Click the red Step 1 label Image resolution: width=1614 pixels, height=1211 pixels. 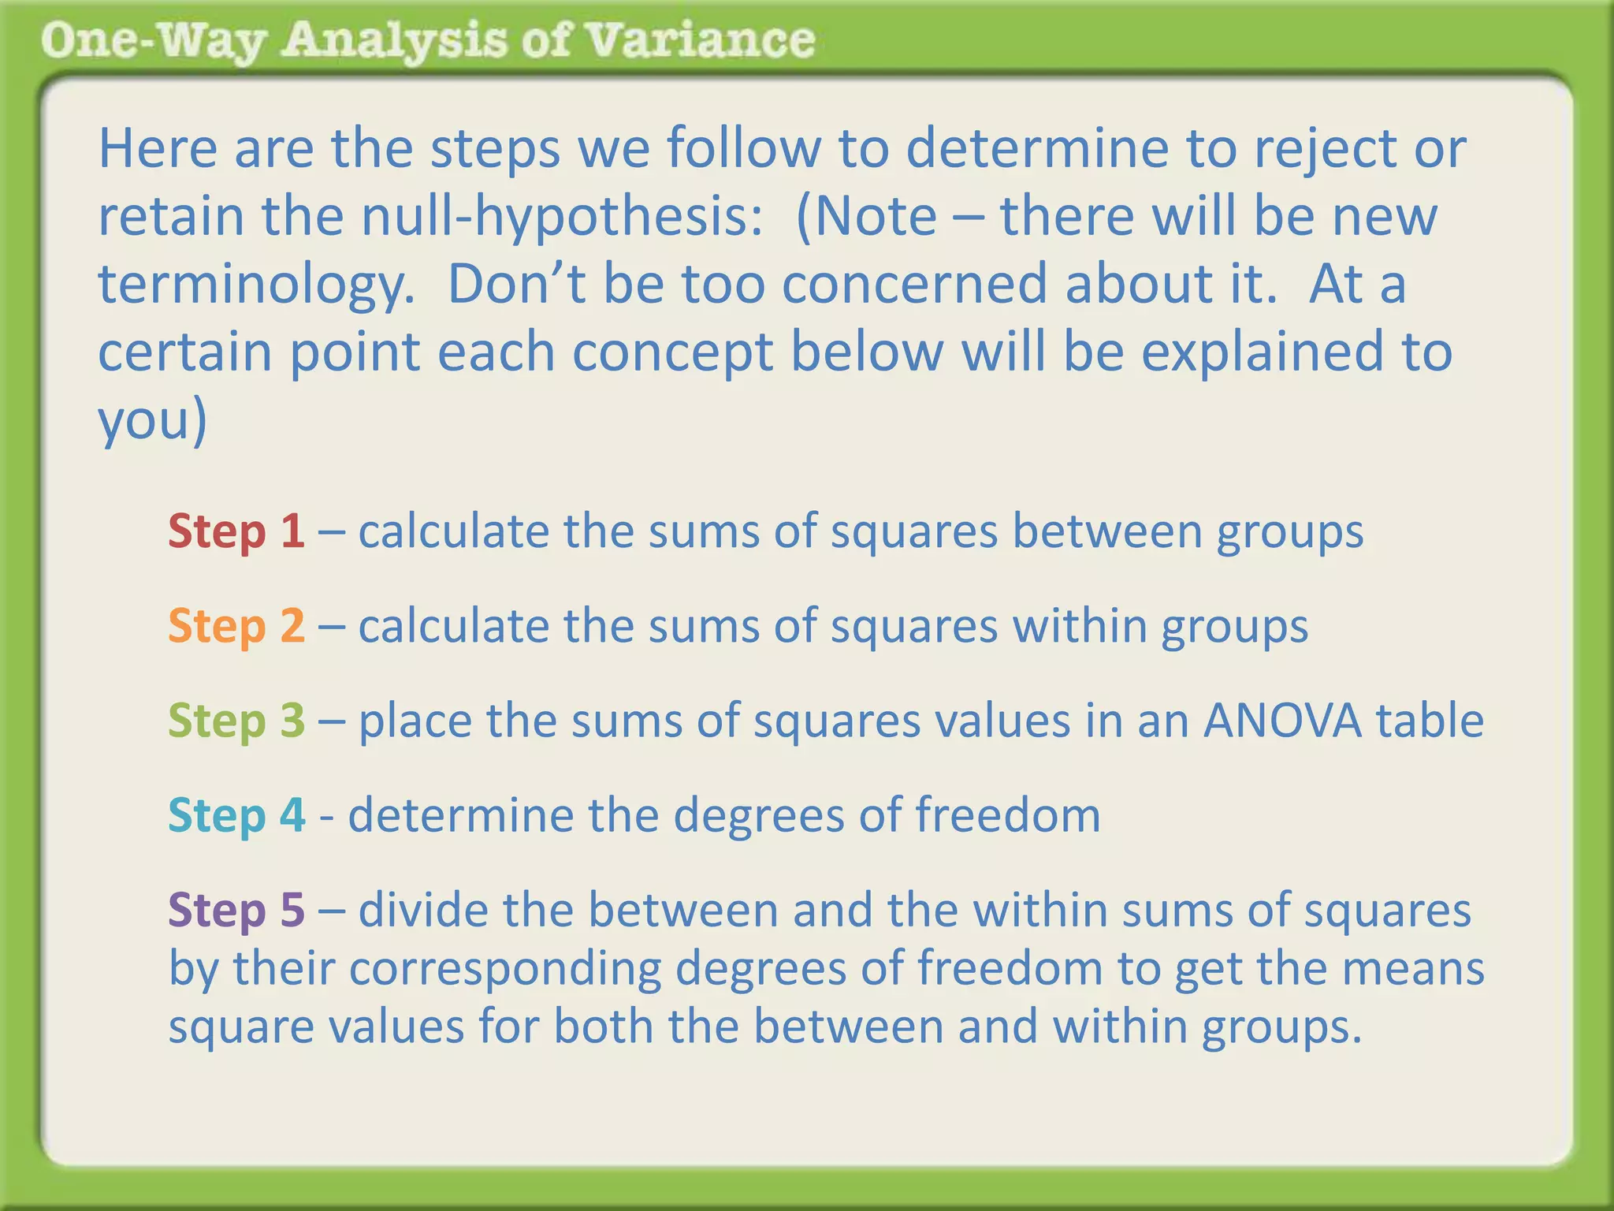click(x=236, y=531)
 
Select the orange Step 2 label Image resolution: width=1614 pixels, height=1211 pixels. click(x=236, y=626)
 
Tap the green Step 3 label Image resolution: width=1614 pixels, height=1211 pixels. click(x=236, y=721)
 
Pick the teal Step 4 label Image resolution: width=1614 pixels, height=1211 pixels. click(x=236, y=815)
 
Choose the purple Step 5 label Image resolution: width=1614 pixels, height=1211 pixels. click(x=236, y=910)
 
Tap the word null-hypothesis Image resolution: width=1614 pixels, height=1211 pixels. click(x=562, y=216)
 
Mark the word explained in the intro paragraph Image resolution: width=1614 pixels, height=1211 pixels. click(x=1262, y=352)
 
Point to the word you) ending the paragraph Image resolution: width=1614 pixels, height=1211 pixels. click(x=152, y=421)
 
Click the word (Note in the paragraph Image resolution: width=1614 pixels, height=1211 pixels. click(x=866, y=216)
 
